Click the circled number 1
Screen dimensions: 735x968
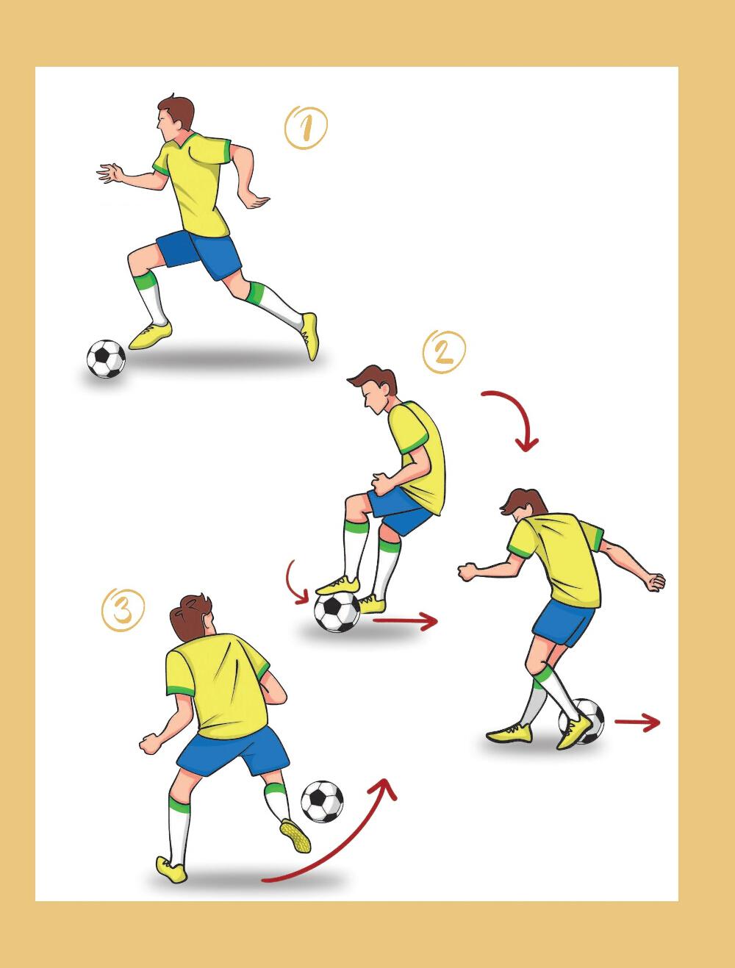(306, 127)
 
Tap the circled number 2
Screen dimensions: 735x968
(444, 352)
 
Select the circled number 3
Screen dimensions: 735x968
(123, 609)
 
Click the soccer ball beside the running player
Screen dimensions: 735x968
(106, 359)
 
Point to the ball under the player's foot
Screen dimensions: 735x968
(337, 612)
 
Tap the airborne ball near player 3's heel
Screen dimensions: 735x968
(322, 801)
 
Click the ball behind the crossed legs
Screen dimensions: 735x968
(582, 721)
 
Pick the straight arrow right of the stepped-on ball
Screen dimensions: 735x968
(405, 621)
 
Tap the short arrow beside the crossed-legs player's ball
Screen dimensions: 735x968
(637, 723)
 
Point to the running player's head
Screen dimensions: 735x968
(175, 118)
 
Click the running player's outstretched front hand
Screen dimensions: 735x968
(110, 173)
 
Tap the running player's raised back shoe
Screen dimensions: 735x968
(310, 336)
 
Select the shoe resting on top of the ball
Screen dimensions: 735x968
(338, 585)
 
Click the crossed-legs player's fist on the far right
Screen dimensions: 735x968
(655, 581)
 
